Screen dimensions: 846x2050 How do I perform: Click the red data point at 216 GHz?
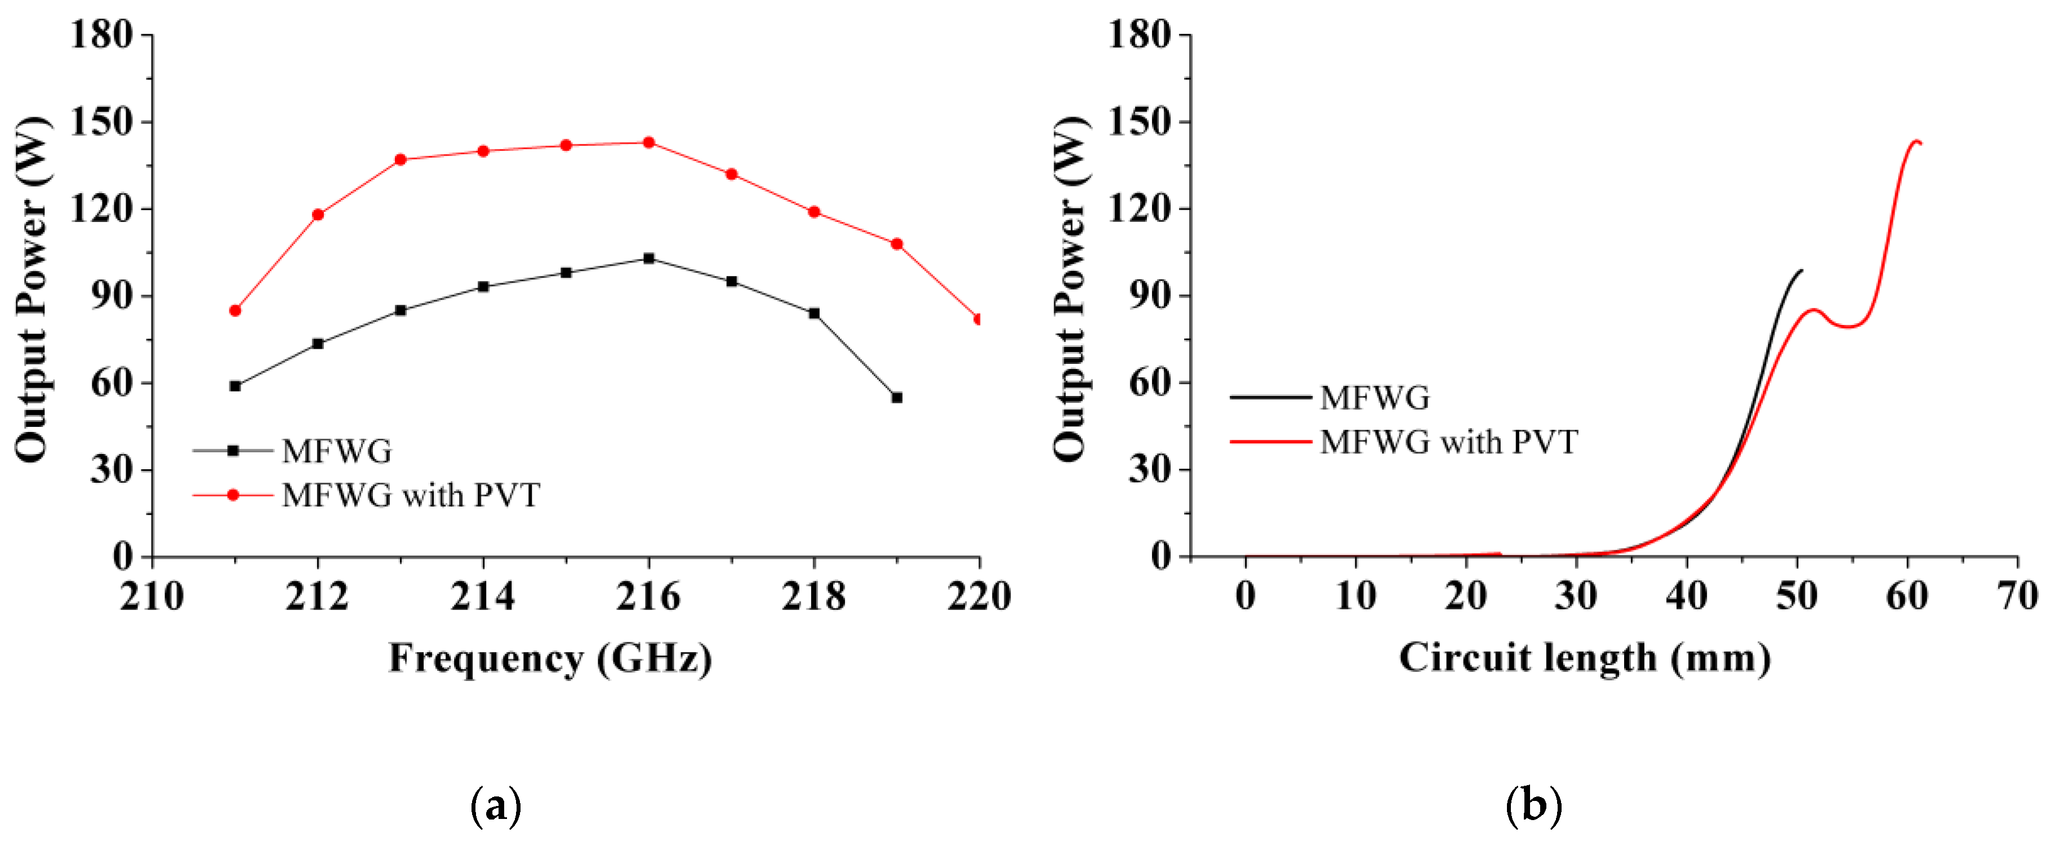(648, 143)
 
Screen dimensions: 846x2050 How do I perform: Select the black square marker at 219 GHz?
(897, 397)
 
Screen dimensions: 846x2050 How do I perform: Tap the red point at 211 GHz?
(235, 310)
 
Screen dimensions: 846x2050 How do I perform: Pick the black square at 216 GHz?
(648, 258)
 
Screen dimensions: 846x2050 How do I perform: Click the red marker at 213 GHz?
(401, 159)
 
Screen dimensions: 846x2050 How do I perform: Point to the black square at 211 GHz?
(235, 386)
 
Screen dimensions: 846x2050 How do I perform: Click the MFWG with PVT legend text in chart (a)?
(411, 495)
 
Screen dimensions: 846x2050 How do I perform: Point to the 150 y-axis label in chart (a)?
(101, 122)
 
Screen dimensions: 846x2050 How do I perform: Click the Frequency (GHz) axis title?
(550, 658)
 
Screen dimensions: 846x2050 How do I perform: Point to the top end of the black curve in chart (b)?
(1801, 270)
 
